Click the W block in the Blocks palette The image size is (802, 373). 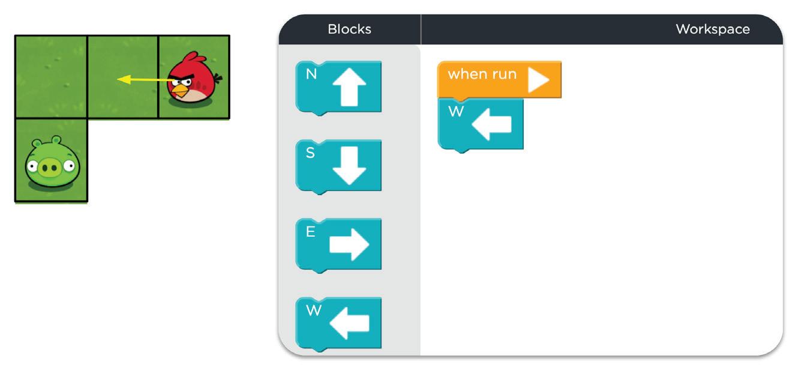click(339, 323)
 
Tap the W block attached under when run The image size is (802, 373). click(480, 124)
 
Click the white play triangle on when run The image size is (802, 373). click(538, 80)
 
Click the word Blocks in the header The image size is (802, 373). click(349, 29)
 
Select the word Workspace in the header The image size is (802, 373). click(712, 29)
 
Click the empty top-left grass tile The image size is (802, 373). click(51, 77)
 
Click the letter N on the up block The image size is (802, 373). click(311, 74)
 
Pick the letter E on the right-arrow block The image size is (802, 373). click(310, 232)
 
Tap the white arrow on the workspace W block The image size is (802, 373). click(492, 124)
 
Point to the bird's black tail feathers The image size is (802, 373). click(218, 78)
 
